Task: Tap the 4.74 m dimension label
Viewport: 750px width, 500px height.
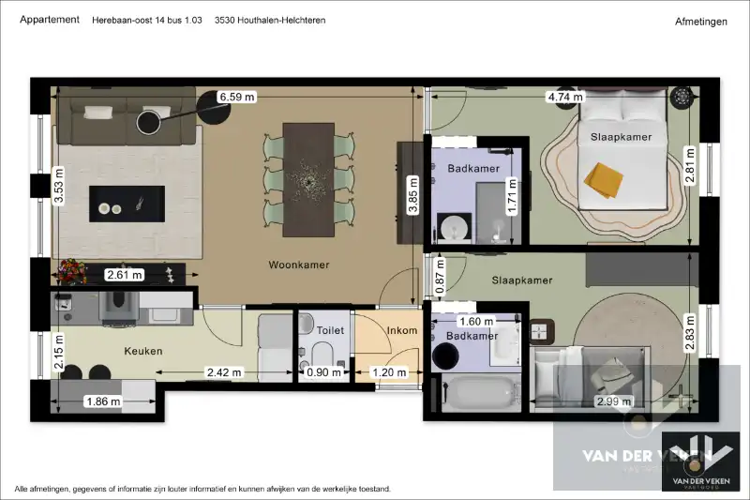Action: (565, 97)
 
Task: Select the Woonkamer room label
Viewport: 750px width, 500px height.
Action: (298, 265)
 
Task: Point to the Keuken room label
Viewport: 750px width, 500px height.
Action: (143, 352)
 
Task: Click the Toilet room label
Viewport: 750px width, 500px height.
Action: (330, 330)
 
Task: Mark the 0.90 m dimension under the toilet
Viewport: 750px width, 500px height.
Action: (324, 372)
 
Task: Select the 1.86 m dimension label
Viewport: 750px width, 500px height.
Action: (103, 402)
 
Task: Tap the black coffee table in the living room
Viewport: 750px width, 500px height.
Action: (127, 203)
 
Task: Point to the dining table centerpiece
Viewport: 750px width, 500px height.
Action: (307, 175)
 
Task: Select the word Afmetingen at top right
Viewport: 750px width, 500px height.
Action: (700, 21)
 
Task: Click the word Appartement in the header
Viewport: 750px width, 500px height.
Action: (49, 20)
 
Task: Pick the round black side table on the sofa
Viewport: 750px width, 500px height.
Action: (150, 122)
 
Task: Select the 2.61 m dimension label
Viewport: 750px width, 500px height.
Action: (125, 275)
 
